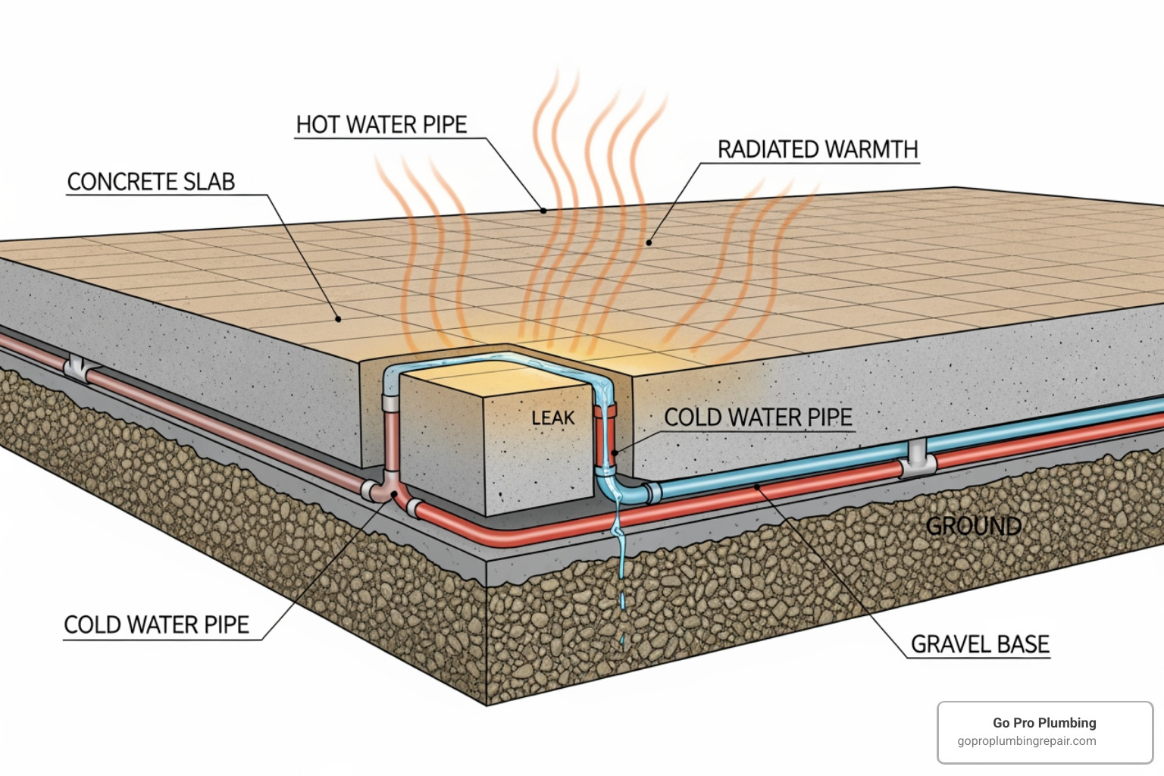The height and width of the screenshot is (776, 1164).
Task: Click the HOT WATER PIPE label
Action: click(x=381, y=125)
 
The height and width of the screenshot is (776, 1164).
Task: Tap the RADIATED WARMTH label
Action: click(x=818, y=150)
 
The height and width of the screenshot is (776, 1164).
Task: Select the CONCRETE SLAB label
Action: click(x=151, y=182)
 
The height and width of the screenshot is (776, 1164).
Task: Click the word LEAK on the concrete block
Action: click(x=553, y=418)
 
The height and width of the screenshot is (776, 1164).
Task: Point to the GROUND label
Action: click(x=973, y=526)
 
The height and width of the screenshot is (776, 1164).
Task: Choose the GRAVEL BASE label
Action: click(x=979, y=644)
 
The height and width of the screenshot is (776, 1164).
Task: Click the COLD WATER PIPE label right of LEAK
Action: click(x=758, y=418)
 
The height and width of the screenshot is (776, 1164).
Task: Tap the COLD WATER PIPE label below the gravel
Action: click(x=156, y=625)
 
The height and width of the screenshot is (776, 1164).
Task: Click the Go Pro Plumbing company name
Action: click(x=1044, y=723)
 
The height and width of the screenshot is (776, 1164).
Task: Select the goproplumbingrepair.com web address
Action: click(x=1026, y=741)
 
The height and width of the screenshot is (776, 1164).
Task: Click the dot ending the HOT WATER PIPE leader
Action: click(x=543, y=210)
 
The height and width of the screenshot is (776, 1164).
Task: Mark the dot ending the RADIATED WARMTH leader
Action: click(x=649, y=243)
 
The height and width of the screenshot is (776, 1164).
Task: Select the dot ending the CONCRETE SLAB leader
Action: click(x=339, y=319)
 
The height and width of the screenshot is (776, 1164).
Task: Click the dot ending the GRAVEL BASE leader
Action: click(x=758, y=487)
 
